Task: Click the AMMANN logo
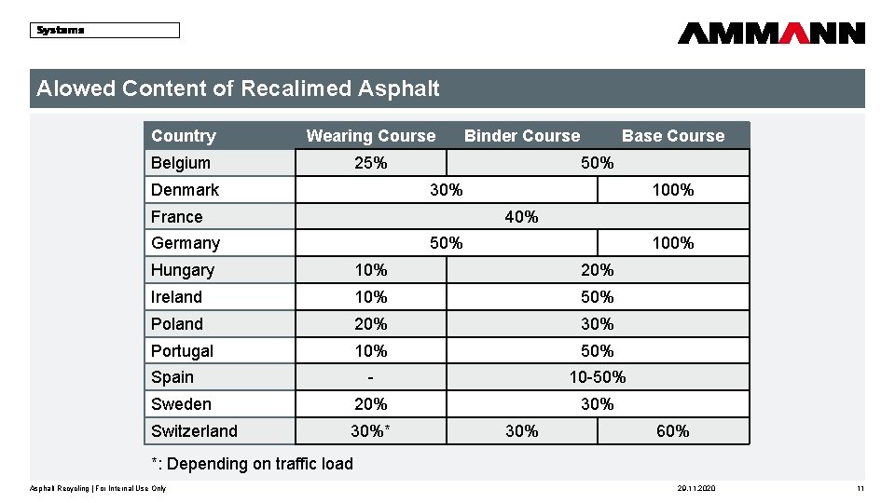pyautogui.click(x=771, y=34)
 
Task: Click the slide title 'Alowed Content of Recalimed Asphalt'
pyautogui.click(x=238, y=89)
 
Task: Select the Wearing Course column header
pyautogui.click(x=370, y=136)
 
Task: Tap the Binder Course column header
pyautogui.click(x=521, y=136)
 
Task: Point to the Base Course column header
pyautogui.click(x=672, y=136)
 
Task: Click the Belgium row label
pyautogui.click(x=181, y=163)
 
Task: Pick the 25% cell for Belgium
pyautogui.click(x=370, y=163)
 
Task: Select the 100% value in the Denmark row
pyautogui.click(x=672, y=190)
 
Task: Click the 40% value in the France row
pyautogui.click(x=521, y=217)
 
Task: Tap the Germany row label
pyautogui.click(x=186, y=243)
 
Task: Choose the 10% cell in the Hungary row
pyautogui.click(x=370, y=270)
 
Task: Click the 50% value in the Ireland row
pyautogui.click(x=597, y=297)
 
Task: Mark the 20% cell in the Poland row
pyautogui.click(x=370, y=324)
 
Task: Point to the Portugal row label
pyautogui.click(x=182, y=351)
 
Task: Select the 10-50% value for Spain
pyautogui.click(x=597, y=377)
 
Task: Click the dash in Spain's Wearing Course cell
pyautogui.click(x=370, y=377)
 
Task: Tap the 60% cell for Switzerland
pyautogui.click(x=672, y=431)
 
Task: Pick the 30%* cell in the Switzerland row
pyautogui.click(x=370, y=431)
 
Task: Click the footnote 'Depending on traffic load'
pyautogui.click(x=252, y=464)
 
